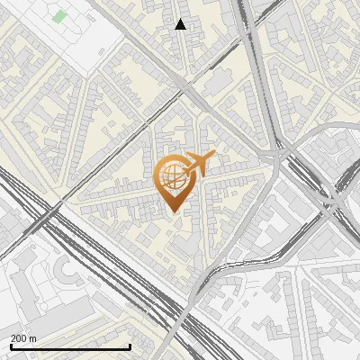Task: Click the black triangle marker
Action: click(181, 24)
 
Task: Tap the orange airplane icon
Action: click(200, 164)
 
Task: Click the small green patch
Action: click(60, 16)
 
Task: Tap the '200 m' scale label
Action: click(23, 338)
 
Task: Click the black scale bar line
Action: click(69, 346)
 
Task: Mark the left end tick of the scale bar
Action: click(10, 346)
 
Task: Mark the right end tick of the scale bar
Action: click(130, 346)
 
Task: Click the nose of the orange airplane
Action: click(214, 156)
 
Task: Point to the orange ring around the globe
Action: click(157, 175)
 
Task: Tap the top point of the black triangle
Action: click(181, 19)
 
